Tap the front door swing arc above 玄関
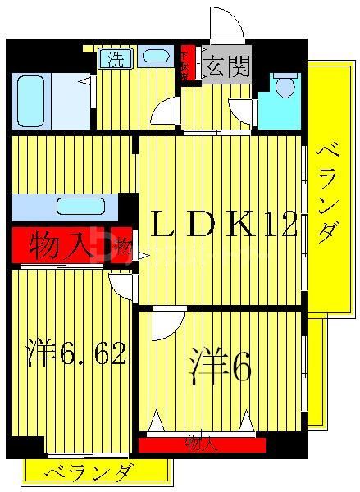226,23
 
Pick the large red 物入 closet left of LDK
62,245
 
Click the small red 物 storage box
123,245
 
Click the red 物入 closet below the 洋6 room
202,445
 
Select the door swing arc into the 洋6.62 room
123,285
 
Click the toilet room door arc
244,110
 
